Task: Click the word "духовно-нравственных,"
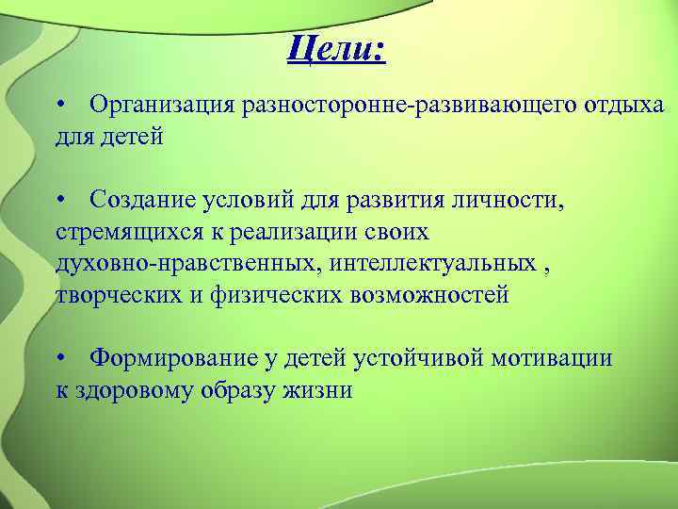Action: tap(187, 263)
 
